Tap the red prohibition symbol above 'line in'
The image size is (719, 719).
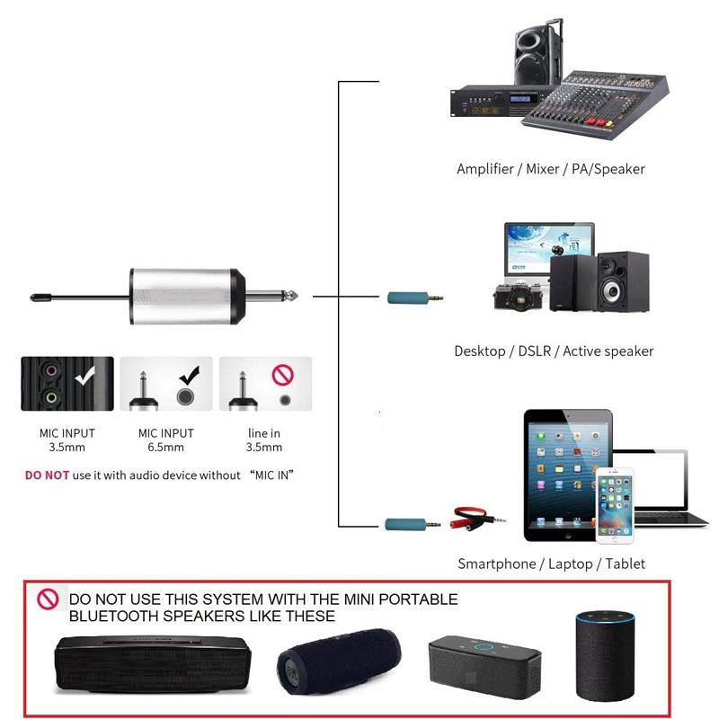tap(284, 371)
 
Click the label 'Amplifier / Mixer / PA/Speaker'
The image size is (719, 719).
tap(550, 169)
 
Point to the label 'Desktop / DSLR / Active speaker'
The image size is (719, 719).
tap(554, 351)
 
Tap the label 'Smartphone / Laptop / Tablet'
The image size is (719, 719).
tap(551, 564)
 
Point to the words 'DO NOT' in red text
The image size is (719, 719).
tap(47, 475)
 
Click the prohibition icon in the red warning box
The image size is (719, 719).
tap(48, 599)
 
